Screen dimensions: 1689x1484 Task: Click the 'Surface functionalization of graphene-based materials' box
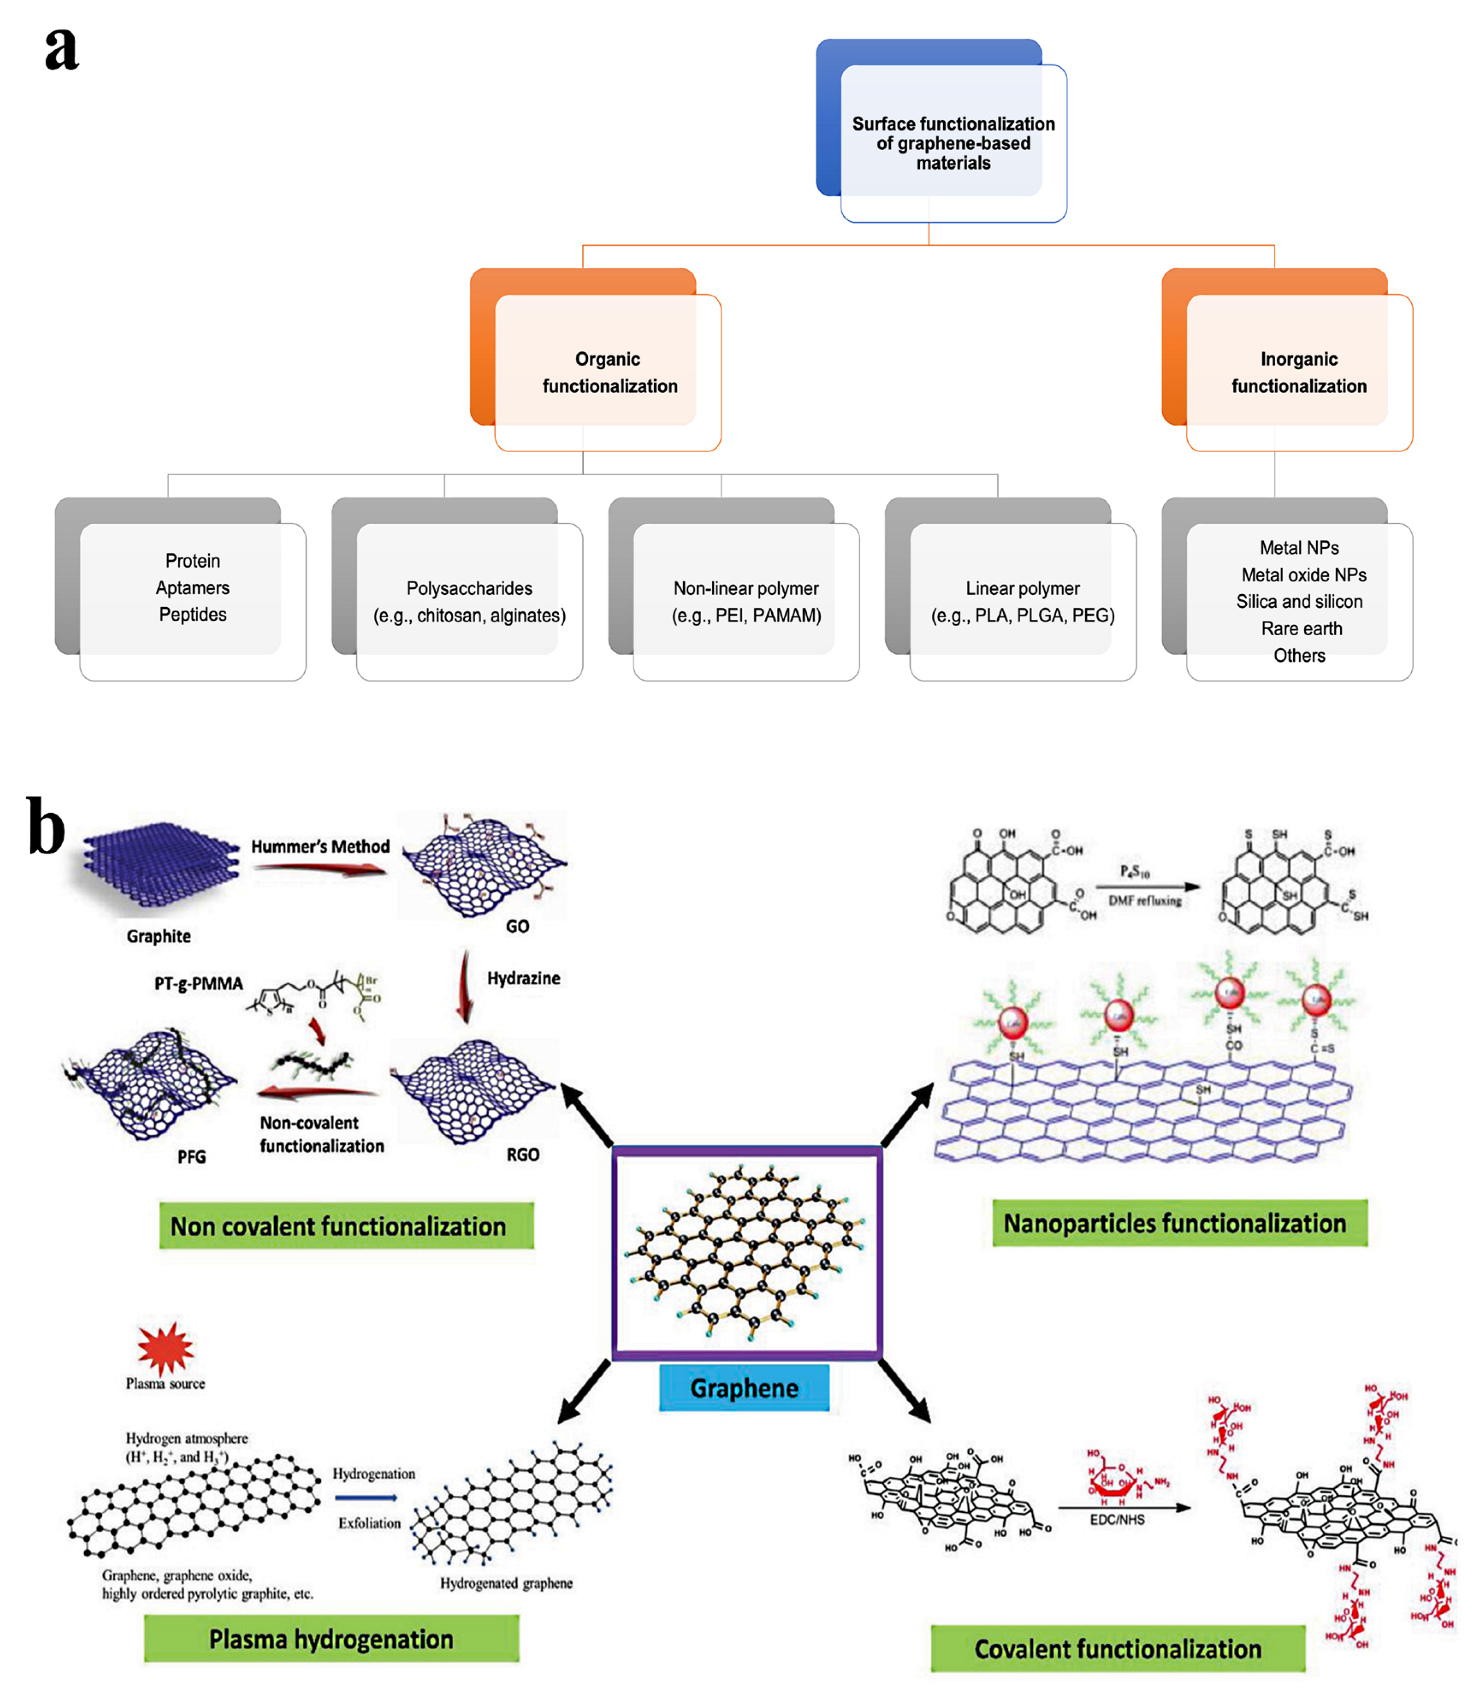(953, 143)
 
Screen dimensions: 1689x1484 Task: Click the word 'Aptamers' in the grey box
(193, 587)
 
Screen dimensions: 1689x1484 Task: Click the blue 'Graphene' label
(743, 1387)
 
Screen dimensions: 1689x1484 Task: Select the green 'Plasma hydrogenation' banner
(332, 1638)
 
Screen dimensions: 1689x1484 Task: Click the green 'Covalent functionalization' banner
(1117, 1648)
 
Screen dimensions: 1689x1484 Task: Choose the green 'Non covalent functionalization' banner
(338, 1225)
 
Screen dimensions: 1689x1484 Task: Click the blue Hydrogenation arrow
(366, 1497)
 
